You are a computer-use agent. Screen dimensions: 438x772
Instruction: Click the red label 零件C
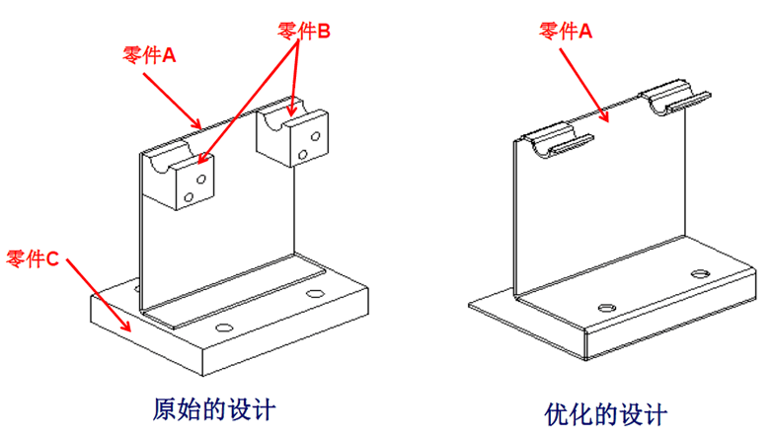(33, 259)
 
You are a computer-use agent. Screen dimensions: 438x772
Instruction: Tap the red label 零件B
(304, 32)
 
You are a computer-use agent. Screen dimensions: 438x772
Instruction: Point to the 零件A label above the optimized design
(566, 31)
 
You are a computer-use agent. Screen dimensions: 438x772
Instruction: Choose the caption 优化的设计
(606, 412)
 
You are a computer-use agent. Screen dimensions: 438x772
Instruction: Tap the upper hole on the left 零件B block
(200, 180)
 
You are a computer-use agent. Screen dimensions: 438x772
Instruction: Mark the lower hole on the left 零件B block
(190, 198)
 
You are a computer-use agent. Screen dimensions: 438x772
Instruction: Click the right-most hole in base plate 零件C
(315, 294)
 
